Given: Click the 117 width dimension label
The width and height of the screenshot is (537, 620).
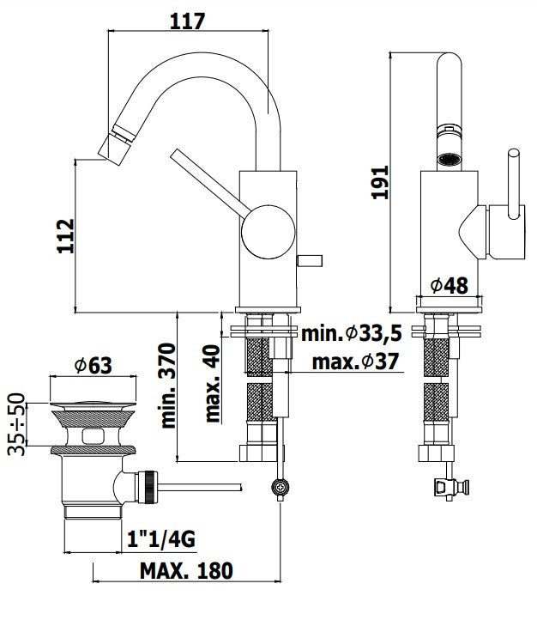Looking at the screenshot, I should point(188,21).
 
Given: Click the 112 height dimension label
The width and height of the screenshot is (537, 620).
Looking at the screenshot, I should point(65,236).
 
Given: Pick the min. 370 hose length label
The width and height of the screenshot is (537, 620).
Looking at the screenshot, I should point(168,385).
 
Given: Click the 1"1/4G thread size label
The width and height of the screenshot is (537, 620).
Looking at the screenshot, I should point(161,540).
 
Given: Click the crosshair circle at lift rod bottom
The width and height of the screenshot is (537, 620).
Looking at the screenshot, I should point(279,489).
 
